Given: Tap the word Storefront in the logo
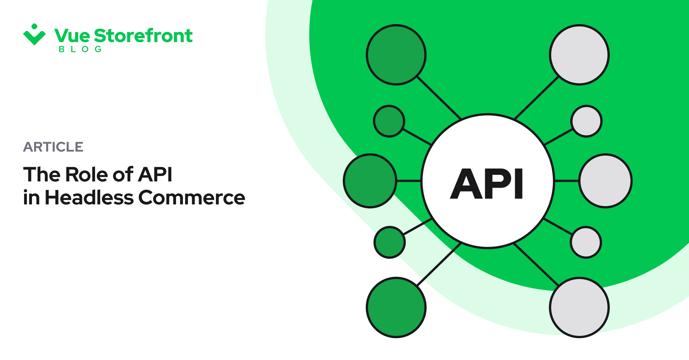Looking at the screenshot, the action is tap(143, 36).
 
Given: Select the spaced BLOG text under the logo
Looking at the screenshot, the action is tap(80, 49).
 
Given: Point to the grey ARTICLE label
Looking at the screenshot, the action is tap(53, 147).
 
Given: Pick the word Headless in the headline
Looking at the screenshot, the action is tap(89, 198).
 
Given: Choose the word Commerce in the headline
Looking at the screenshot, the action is tap(192, 198).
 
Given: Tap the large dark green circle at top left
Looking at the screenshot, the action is tap(396, 55).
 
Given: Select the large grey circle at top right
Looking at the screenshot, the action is tap(579, 55).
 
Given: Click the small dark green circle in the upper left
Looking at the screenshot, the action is tap(389, 121).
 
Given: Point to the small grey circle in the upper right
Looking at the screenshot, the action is tap(587, 121).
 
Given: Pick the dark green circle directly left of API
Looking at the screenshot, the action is tap(370, 181).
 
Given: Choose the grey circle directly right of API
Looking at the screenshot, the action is tap(606, 181).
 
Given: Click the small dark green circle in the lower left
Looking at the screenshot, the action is tap(390, 242).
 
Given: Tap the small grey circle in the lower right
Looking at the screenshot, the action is tap(586, 242).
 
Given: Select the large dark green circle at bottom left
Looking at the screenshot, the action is tap(396, 307).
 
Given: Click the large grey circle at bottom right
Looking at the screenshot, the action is tap(579, 307).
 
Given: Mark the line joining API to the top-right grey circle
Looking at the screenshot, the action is tap(536, 98).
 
